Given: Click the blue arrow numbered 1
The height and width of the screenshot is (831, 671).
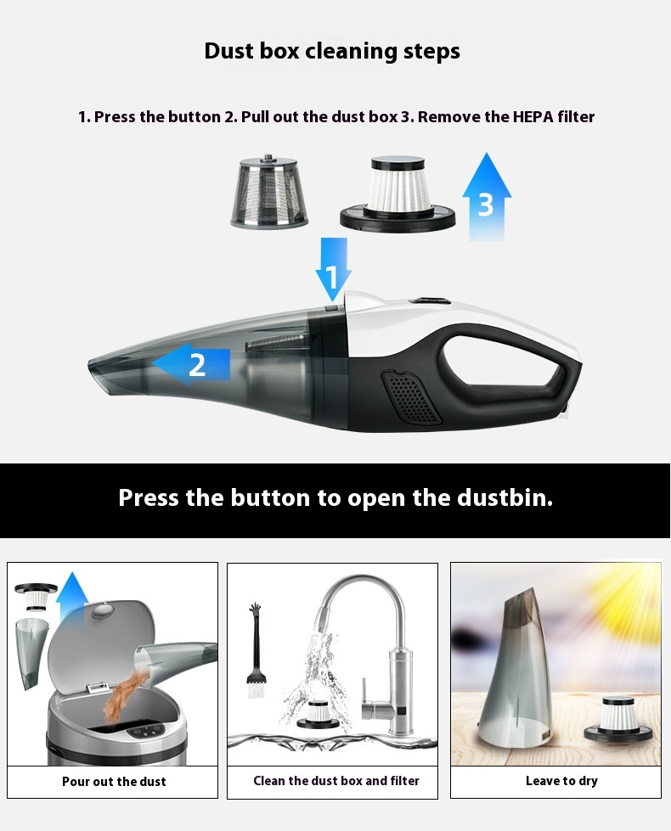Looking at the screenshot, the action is click(x=334, y=269).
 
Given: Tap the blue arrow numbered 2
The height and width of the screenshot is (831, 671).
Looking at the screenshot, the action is click(x=192, y=364).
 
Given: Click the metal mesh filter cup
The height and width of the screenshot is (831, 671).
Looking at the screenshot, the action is click(x=269, y=191).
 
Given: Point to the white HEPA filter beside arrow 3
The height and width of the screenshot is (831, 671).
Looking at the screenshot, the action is click(x=398, y=194).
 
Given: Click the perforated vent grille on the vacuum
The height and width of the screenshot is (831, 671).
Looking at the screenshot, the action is click(x=410, y=396).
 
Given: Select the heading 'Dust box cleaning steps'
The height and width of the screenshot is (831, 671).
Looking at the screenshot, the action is click(x=332, y=52).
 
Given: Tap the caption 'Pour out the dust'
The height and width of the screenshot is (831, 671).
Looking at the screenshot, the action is click(x=114, y=782).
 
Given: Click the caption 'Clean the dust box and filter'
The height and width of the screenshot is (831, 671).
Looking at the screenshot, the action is click(x=336, y=781).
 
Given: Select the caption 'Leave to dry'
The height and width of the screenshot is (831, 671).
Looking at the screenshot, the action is click(x=561, y=781).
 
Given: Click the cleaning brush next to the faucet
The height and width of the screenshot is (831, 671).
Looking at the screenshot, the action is click(x=255, y=651).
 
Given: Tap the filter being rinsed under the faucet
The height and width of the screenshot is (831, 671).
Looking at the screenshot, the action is click(x=317, y=715).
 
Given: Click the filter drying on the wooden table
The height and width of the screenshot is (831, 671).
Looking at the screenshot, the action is click(x=619, y=722).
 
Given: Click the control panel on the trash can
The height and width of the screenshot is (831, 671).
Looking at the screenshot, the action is click(x=145, y=732).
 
